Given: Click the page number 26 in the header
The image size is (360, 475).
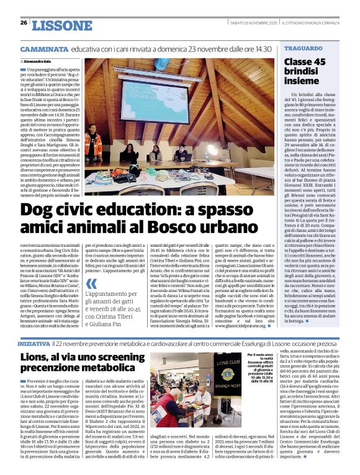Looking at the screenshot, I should tap(24, 22).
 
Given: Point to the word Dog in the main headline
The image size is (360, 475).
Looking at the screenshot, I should tap(57, 210).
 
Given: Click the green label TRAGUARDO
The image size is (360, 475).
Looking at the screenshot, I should tap(304, 48).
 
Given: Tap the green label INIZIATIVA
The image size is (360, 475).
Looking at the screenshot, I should tap(34, 343).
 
